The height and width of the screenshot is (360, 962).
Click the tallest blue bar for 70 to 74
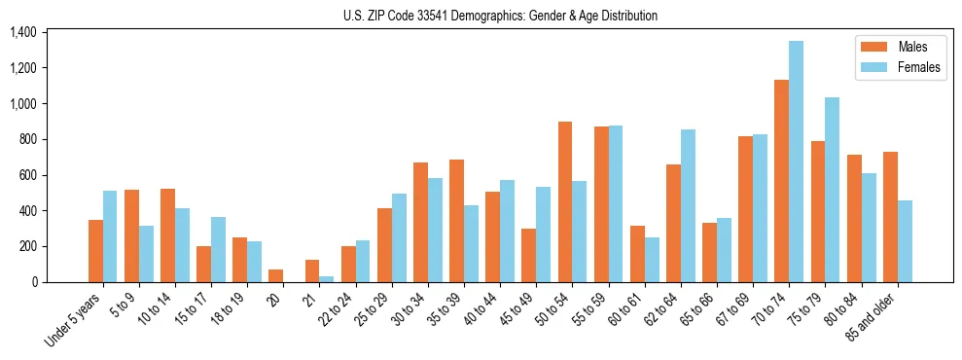tap(796, 162)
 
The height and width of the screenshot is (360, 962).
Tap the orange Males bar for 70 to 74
tap(781, 181)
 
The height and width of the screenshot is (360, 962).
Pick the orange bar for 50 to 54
tap(565, 201)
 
